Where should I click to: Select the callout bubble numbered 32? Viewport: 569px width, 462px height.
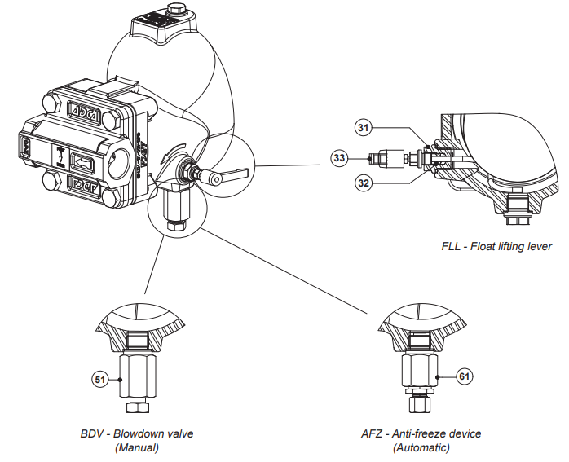pos(363,183)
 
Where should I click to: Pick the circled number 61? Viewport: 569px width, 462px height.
pos(464,376)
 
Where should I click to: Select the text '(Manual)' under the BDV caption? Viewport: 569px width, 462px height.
pos(136,447)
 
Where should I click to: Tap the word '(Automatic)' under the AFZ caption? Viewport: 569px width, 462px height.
pos(421,447)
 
